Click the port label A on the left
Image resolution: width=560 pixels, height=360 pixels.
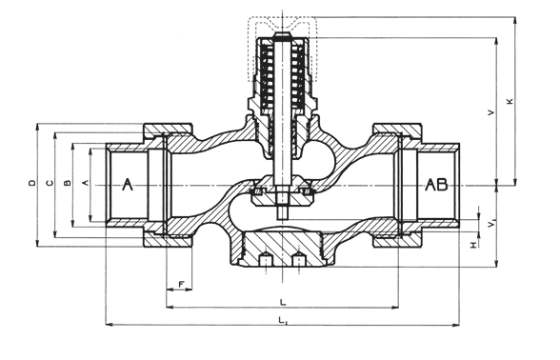[x=128, y=185]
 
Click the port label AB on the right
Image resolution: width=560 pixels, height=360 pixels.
[x=436, y=185]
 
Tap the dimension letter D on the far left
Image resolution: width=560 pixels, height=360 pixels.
[x=32, y=183]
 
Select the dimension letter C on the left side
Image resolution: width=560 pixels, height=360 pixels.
[x=50, y=183]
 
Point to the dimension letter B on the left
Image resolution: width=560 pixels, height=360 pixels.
[x=67, y=183]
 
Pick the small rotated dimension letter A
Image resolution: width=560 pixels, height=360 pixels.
[x=85, y=183]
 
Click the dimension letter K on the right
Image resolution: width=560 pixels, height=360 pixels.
[x=510, y=101]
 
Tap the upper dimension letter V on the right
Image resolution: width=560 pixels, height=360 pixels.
[x=491, y=112]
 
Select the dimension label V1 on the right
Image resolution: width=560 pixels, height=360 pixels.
[x=491, y=224]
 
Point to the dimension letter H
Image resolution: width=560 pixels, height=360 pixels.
[x=473, y=245]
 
